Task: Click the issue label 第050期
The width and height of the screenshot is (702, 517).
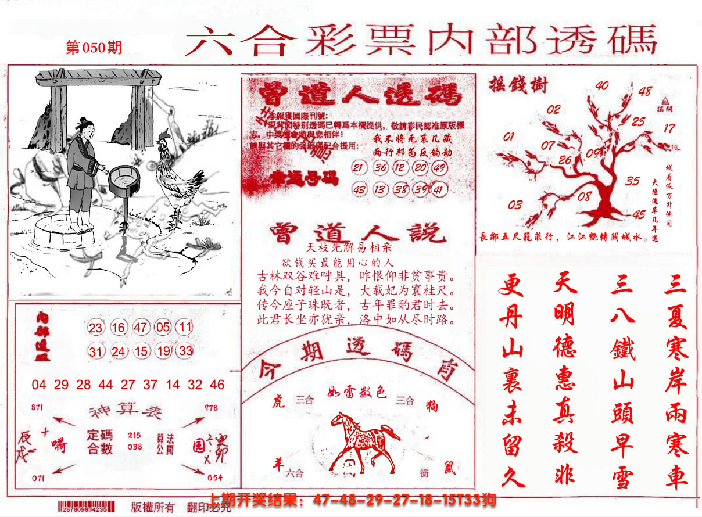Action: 94,48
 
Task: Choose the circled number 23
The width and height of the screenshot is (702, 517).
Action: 96,328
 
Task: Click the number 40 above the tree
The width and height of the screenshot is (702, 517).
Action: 602,86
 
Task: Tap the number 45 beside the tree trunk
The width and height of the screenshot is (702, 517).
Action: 639,214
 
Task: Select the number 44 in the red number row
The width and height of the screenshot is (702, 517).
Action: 106,385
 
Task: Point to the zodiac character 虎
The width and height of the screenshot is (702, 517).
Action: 278,402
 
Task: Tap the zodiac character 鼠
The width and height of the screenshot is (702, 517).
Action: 449,468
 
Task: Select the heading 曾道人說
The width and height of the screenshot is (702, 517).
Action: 357,234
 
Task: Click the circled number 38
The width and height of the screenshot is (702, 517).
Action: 400,189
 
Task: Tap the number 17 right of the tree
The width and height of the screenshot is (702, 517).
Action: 669,128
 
